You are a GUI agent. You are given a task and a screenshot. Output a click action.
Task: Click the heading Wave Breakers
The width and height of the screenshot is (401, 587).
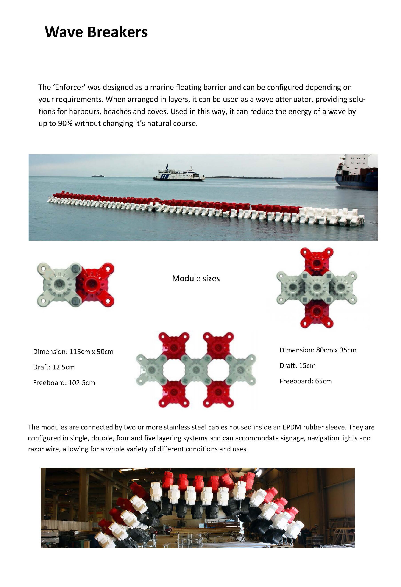coord(96,32)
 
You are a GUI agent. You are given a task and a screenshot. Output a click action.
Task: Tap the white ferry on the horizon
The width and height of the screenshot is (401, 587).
coord(178,174)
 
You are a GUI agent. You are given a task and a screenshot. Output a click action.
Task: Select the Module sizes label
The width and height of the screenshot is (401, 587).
coord(196,279)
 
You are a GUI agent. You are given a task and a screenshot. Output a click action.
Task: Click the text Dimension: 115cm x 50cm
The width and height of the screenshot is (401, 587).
coord(73,352)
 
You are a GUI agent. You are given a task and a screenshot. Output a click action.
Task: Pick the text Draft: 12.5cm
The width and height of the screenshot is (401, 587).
coord(54,367)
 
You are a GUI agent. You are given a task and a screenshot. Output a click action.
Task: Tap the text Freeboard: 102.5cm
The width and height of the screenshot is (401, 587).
coord(64,383)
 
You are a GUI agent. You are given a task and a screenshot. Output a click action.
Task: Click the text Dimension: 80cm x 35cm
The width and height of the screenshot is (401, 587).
coord(318,350)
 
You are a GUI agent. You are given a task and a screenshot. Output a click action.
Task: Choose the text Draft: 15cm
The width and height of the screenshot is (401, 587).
coord(297,366)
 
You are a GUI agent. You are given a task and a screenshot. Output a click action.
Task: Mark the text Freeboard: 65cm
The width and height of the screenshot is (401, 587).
coord(306,381)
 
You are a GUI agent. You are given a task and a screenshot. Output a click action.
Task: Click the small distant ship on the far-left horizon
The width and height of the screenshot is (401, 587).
coord(98,176)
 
